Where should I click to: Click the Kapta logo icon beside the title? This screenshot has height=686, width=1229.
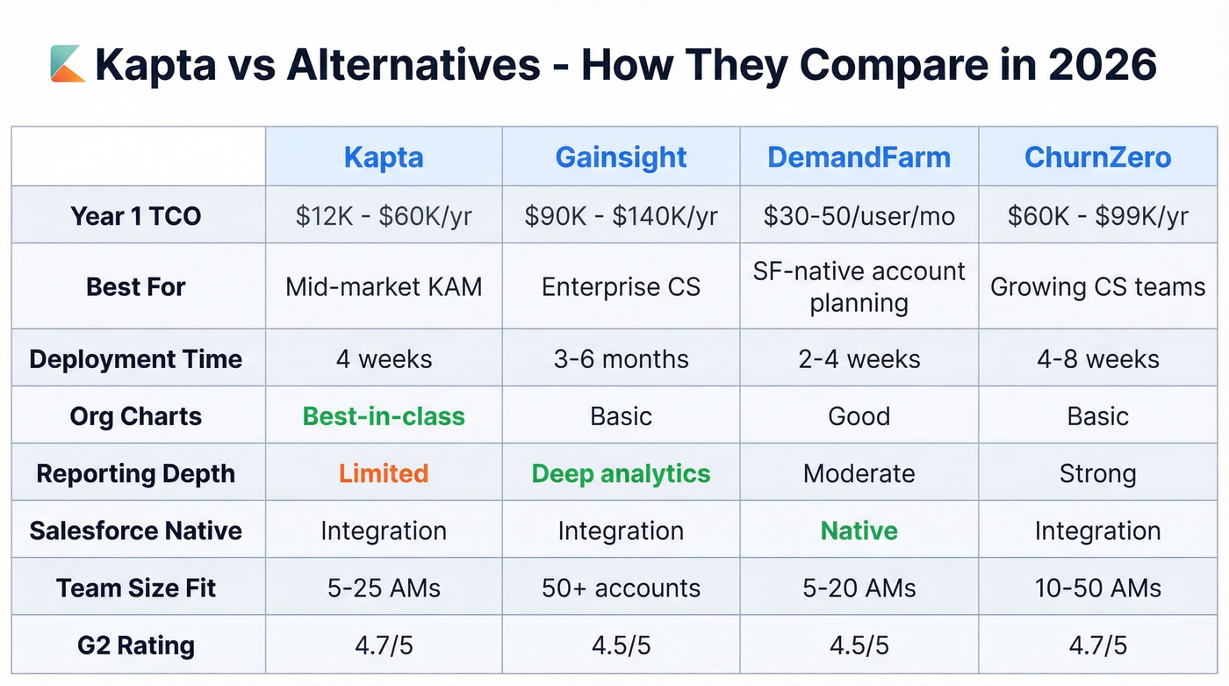68,64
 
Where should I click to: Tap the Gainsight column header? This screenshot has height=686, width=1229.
621,157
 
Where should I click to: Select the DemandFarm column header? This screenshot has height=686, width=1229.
859,157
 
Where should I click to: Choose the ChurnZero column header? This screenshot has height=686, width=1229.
1097,157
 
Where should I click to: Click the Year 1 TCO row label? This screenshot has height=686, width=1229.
136,216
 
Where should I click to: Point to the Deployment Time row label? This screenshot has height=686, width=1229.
136,359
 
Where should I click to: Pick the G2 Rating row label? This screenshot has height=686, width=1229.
136,646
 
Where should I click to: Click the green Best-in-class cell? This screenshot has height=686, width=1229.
384,416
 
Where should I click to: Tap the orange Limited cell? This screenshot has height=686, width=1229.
384,473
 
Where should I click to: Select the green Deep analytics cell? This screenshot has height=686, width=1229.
621,473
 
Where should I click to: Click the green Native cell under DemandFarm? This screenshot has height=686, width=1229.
859,531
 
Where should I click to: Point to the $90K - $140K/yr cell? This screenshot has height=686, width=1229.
621,216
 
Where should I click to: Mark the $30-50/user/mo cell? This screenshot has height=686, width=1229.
859,216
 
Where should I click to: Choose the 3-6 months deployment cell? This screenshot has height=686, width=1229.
621,359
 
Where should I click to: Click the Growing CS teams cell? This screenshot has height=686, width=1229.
1097,287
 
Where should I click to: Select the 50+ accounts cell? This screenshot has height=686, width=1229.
621,589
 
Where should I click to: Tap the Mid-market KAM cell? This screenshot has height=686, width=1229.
384,287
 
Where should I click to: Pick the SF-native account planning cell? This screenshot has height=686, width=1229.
859,287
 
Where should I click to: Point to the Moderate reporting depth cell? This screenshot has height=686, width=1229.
859,473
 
